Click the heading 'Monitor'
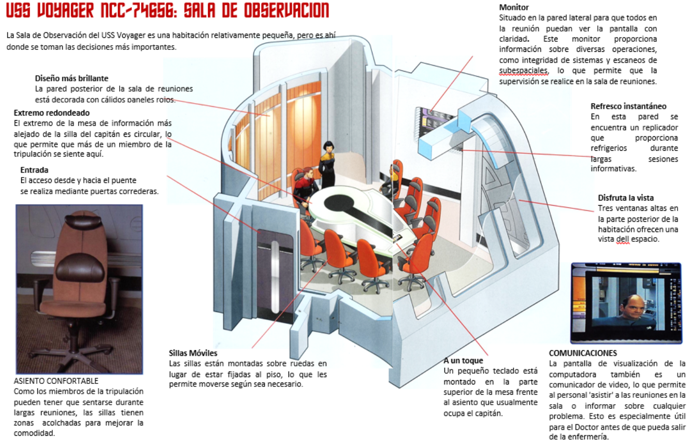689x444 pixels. point(514,7)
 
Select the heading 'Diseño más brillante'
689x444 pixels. point(71,78)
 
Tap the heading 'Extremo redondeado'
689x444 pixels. point(52,113)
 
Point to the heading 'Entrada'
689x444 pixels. point(34,170)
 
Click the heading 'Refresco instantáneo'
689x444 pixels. point(628,106)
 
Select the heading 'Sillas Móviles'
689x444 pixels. point(193,353)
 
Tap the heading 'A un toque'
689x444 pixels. point(463,360)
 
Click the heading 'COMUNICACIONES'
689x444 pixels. point(583,353)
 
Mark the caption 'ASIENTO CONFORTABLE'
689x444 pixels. point(56,381)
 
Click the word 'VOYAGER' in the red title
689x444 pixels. point(65,10)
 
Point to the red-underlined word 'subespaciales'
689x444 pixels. point(523,71)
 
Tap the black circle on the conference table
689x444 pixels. point(339,203)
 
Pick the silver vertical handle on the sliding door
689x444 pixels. point(275,277)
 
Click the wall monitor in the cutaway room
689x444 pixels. point(434,118)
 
